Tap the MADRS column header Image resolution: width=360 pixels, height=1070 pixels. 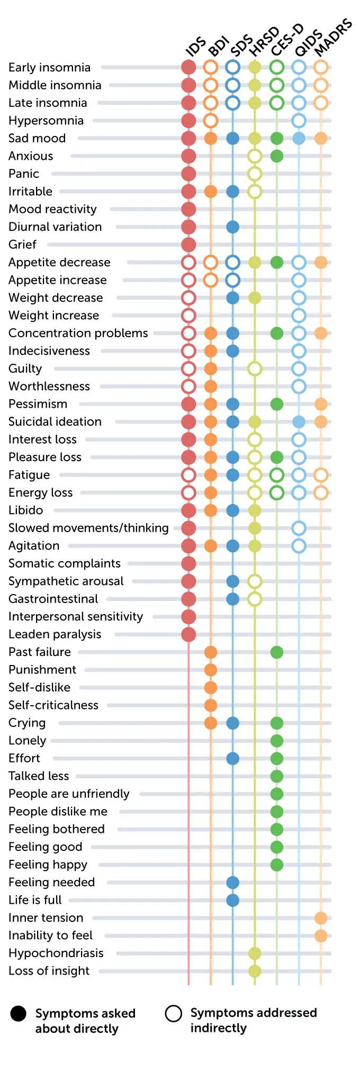(x=333, y=37)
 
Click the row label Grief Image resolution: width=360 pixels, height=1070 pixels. (x=22, y=245)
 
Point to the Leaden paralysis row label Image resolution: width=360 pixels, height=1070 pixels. (x=55, y=634)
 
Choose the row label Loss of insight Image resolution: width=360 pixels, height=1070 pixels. (x=49, y=971)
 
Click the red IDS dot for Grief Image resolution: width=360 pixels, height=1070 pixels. (x=188, y=245)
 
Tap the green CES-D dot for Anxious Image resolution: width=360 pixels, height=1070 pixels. (x=276, y=156)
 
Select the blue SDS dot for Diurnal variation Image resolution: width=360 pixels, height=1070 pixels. (x=232, y=227)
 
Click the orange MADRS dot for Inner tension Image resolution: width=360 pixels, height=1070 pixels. (x=320, y=918)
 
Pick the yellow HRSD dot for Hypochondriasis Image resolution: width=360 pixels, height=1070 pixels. (x=255, y=954)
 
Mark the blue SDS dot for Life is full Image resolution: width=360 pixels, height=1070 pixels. (x=232, y=900)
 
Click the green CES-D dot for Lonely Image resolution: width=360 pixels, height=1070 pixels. (x=276, y=741)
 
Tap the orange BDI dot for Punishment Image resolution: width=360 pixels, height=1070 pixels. (x=211, y=670)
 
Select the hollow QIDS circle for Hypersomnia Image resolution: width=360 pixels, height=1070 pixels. (x=299, y=121)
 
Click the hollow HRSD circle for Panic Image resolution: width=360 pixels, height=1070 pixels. (x=255, y=174)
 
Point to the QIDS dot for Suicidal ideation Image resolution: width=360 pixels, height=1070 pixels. (x=299, y=422)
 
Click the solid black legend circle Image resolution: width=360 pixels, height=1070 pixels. (x=19, y=1013)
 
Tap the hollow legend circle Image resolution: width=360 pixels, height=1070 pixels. (x=173, y=1013)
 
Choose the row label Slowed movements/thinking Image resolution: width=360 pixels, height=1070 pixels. (x=88, y=528)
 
